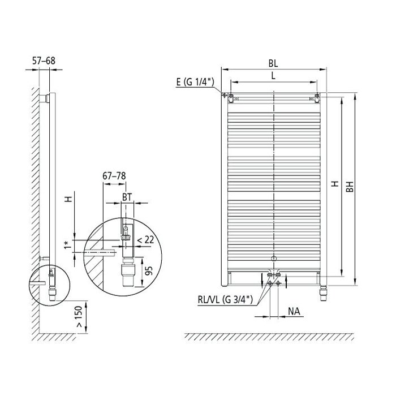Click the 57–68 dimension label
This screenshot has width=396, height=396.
(44, 61)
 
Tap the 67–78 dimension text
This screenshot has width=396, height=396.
(114, 176)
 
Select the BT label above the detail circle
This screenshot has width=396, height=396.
(127, 197)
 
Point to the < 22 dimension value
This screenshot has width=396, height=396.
(145, 239)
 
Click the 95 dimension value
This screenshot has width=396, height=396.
(149, 271)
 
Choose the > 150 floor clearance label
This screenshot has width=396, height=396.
(79, 317)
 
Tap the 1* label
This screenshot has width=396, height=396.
(67, 245)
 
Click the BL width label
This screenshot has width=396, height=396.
(273, 63)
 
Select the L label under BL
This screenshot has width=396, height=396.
(273, 76)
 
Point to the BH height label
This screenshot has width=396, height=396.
(350, 187)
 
